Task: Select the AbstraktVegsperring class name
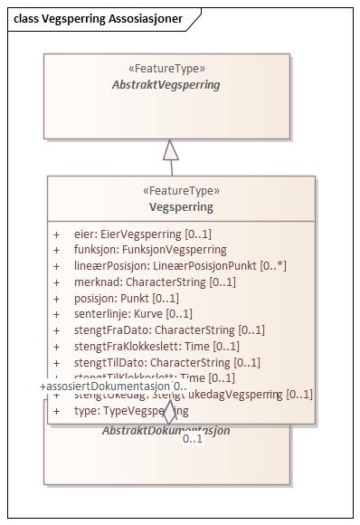coord(166,85)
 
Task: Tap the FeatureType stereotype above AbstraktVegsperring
coord(167,69)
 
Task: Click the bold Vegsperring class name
coord(182,207)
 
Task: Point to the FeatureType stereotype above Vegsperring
coord(182,191)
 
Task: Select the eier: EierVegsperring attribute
coord(143,233)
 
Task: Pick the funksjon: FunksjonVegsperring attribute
coord(150,249)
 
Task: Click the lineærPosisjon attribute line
coord(180,265)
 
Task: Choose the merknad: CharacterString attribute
coord(155,282)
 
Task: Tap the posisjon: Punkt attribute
coord(127,298)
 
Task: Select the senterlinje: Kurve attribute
coord(133,314)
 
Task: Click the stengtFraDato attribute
coord(169,330)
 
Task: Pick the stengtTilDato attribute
coord(167,363)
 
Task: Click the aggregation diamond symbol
coord(168,412)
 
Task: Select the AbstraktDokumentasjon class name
coord(166,430)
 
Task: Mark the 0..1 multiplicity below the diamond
coord(192,439)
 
